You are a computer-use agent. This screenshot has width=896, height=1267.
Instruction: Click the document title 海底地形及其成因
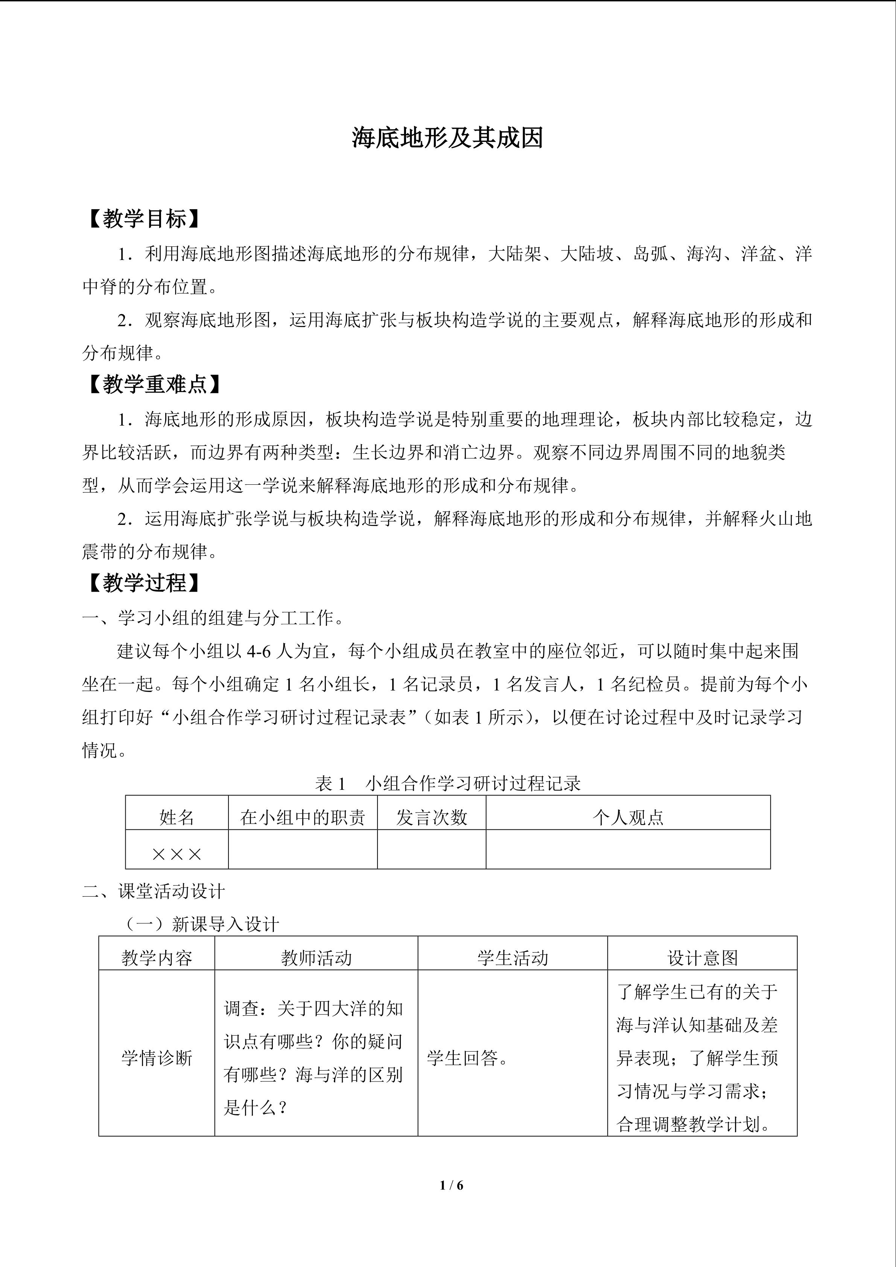click(447, 138)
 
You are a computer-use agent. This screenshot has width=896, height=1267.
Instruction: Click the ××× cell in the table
click(176, 854)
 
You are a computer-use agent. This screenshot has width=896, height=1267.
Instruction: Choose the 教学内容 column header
click(157, 958)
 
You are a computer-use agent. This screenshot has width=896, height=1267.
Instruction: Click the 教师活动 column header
click(316, 958)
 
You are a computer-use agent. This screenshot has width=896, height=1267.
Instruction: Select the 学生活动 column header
click(513, 958)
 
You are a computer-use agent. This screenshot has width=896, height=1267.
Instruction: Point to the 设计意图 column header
click(702, 958)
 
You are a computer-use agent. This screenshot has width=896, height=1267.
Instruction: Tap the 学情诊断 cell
click(157, 1058)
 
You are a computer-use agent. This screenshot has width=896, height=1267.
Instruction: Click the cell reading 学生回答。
click(468, 1058)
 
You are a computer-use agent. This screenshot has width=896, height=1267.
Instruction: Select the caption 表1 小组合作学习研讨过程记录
click(447, 783)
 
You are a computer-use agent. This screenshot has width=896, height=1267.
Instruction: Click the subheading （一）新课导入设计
click(202, 924)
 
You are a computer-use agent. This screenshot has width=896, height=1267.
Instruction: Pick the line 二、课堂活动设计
click(154, 891)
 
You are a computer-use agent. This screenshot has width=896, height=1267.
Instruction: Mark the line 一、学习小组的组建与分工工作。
click(214, 618)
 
